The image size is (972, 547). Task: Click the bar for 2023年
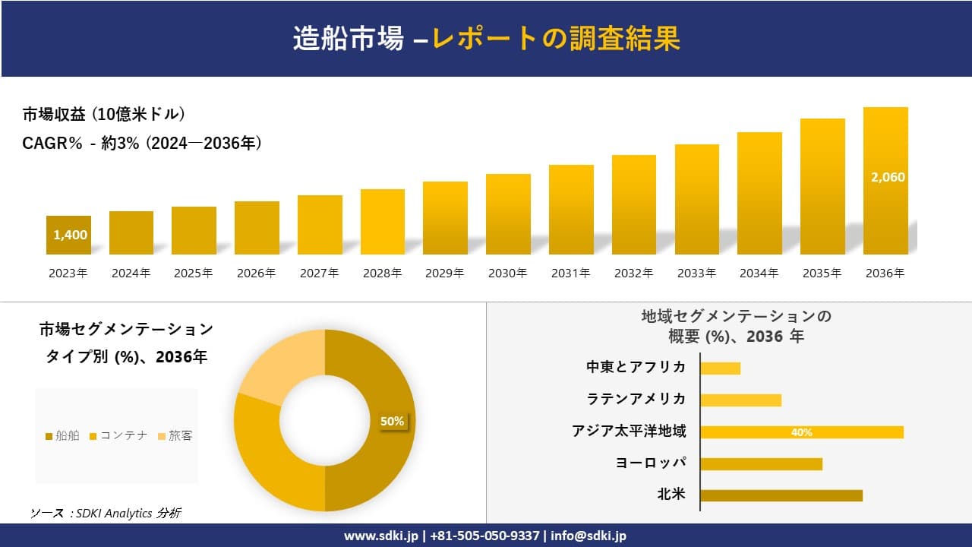68,235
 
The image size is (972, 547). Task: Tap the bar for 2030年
508,214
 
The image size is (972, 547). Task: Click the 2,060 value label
887,177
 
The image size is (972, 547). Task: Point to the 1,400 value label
71,235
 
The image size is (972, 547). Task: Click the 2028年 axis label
382,273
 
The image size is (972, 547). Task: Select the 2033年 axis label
696,273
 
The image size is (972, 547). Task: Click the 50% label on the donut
392,421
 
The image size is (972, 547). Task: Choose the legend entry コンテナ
119,435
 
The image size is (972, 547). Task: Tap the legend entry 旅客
175,435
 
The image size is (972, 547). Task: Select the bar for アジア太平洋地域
801,432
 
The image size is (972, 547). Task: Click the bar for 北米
781,495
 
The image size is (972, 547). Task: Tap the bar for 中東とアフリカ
720,368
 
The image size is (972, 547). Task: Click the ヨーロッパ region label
651,463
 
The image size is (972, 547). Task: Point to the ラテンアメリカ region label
636,399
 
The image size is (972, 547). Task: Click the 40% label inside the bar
801,432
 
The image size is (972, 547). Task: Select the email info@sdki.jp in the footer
589,536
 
